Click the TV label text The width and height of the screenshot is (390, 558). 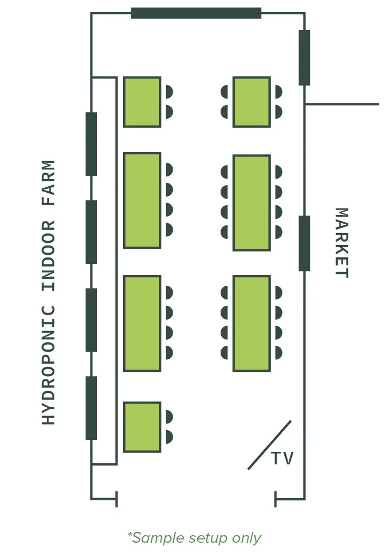pyautogui.click(x=283, y=458)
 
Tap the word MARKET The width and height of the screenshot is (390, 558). pyautogui.click(x=341, y=243)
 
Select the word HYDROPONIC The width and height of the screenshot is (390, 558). pyautogui.click(x=49, y=365)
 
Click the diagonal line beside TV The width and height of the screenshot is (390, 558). pyautogui.click(x=269, y=445)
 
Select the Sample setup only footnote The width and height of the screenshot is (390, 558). pyautogui.click(x=194, y=538)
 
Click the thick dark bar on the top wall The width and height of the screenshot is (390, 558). pyautogui.click(x=196, y=13)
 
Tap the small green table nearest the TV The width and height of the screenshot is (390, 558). pyautogui.click(x=142, y=427)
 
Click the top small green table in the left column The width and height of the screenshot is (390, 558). pyautogui.click(x=142, y=102)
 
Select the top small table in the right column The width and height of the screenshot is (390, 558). pyautogui.click(x=252, y=102)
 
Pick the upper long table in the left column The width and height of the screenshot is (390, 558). pyautogui.click(x=142, y=200)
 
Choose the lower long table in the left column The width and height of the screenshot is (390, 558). pyautogui.click(x=142, y=323)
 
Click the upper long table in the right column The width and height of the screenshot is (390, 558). pyautogui.click(x=252, y=203)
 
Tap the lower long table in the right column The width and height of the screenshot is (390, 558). pyautogui.click(x=252, y=323)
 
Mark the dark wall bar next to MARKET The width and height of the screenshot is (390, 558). pyautogui.click(x=304, y=243)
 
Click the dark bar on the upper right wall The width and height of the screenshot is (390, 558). pyautogui.click(x=304, y=58)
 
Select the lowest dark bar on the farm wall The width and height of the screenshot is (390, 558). pyautogui.click(x=92, y=408)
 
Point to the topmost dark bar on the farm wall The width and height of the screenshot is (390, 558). pyautogui.click(x=92, y=144)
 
